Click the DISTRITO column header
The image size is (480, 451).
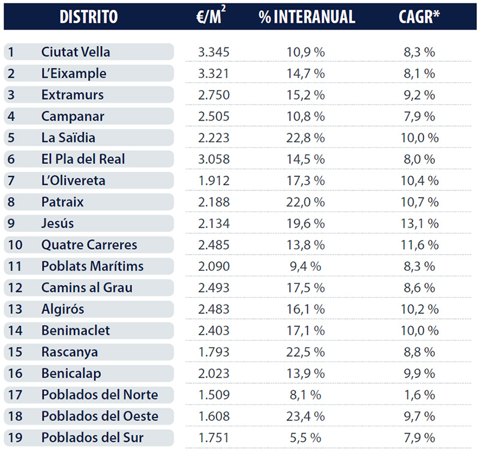(88, 16)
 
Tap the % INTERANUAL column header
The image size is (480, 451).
(307, 16)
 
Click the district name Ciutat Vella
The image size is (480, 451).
(76, 52)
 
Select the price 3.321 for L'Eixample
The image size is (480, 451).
(214, 73)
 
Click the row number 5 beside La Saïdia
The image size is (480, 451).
(11, 138)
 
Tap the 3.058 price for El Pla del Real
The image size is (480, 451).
(214, 159)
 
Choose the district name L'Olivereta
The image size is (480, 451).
(73, 181)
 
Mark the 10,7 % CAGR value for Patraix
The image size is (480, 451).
(419, 202)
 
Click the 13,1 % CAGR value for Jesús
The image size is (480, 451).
(419, 223)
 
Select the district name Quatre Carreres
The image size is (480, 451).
(89, 245)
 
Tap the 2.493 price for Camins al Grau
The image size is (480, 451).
(214, 288)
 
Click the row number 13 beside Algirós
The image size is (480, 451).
(14, 309)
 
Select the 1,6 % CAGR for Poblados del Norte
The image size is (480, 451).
(419, 395)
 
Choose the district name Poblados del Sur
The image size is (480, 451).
(92, 438)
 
